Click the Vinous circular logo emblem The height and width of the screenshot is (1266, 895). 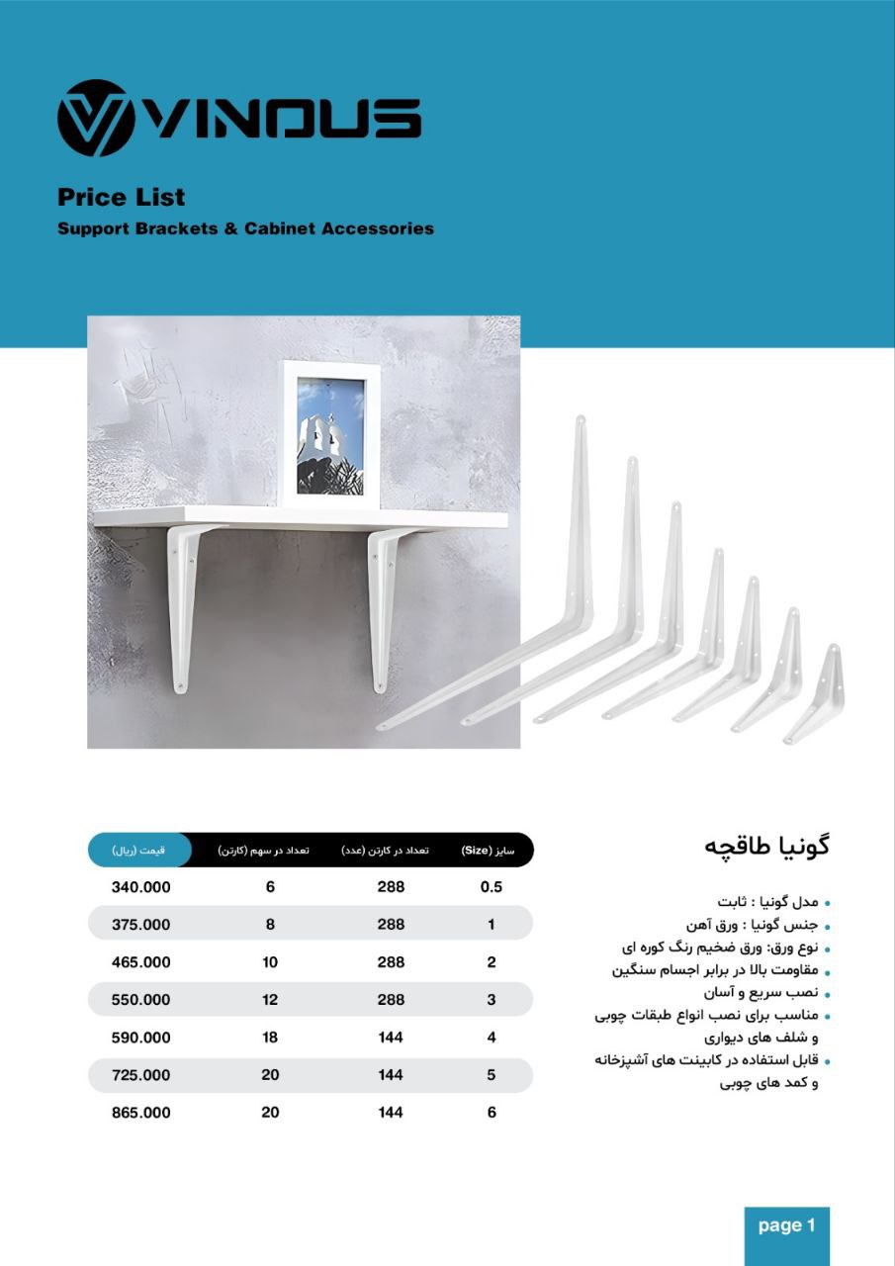pos(97,119)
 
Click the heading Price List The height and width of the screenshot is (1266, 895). pos(122,197)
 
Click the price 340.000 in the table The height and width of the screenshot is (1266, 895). pos(140,887)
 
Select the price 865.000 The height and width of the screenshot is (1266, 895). pos(140,1113)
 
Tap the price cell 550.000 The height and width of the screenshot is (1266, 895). pos(140,1000)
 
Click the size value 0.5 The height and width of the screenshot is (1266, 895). pos(492,887)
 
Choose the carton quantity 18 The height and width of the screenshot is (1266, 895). pos(270,1038)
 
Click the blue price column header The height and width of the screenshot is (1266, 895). pos(138,850)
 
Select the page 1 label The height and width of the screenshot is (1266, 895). pos(787,1226)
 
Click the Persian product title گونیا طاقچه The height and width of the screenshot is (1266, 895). pos(766,847)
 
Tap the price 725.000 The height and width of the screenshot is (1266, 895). pos(140,1075)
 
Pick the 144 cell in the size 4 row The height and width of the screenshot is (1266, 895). pos(391,1038)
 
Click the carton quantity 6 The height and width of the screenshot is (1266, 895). pos(270,887)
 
